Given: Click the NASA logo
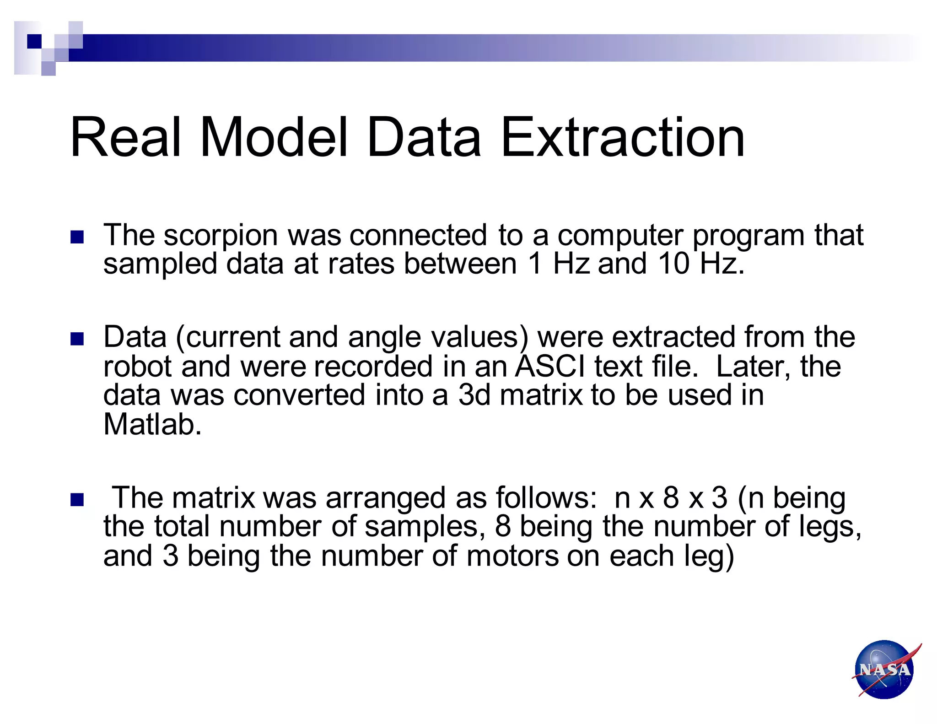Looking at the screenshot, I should click(885, 669).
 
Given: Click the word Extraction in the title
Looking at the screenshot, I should click(623, 137).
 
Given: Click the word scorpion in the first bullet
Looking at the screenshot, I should click(221, 235).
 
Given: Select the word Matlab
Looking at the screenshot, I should click(152, 425).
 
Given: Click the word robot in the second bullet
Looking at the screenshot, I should click(137, 367).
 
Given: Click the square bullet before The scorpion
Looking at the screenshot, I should click(77, 237).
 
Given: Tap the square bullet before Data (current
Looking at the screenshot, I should click(77, 339).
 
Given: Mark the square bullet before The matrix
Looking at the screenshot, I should click(77, 500).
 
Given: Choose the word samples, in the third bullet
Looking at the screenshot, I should click(425, 527).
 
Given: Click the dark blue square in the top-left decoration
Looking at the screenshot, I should click(34, 41).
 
